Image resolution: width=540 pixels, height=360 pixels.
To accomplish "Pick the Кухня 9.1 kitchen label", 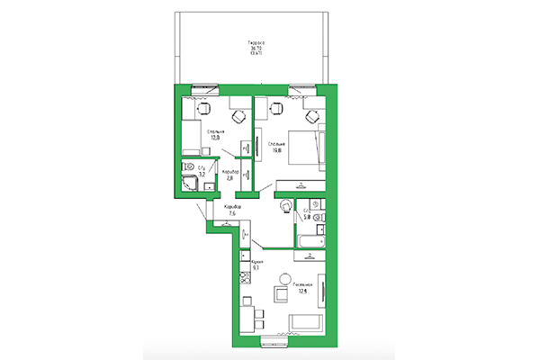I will pos(256,265).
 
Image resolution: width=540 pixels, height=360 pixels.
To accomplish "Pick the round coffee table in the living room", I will pos(281,294).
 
